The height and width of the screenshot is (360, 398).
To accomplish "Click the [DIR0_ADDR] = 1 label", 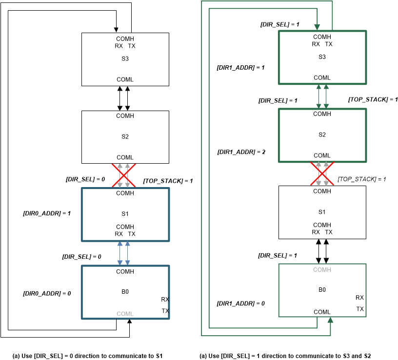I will (47, 213).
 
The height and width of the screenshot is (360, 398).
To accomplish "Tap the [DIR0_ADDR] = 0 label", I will (47, 293).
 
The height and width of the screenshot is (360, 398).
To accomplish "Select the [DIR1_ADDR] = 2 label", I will (241, 152).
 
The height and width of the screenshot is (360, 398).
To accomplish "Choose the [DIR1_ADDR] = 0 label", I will (241, 303).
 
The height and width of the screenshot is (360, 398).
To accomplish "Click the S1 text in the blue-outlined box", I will (125, 213).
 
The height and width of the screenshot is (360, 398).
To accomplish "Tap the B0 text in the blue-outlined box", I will (125, 292).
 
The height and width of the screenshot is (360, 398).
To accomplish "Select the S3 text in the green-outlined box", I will (322, 57).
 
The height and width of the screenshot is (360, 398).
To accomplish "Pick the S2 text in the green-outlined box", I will (322, 134).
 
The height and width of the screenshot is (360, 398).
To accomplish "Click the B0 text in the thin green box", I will (322, 290).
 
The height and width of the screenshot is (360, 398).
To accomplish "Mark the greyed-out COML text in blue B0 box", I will (125, 314).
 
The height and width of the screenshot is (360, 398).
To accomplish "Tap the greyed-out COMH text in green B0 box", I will (322, 269).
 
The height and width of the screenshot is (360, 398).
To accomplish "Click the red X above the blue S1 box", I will (124, 175).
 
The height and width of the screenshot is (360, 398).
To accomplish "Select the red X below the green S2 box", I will (322, 173).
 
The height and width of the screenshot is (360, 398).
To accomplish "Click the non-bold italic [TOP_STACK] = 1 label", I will (361, 179).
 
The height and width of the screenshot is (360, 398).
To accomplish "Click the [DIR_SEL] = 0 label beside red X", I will (85, 179).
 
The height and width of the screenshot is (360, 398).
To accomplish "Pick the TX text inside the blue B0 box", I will (165, 310).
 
